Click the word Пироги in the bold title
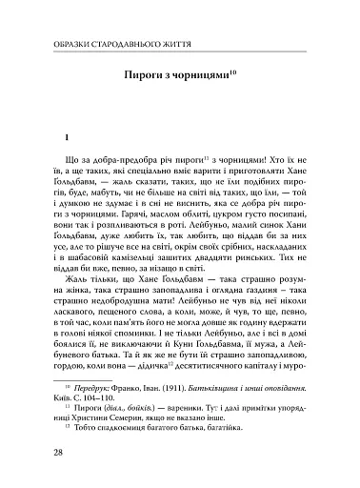click(145, 75)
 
